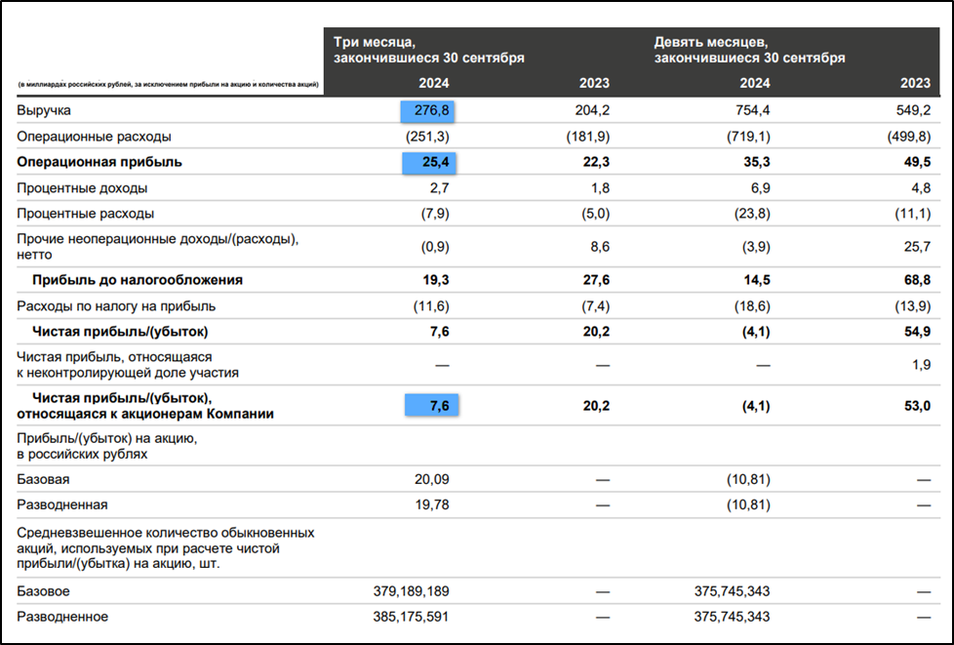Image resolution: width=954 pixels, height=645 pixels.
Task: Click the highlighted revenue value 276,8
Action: tap(428, 111)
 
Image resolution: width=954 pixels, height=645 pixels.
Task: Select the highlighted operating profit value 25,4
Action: tap(428, 162)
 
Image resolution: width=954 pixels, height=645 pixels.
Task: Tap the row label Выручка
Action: tap(44, 111)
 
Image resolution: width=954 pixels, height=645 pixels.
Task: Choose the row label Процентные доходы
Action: tap(82, 187)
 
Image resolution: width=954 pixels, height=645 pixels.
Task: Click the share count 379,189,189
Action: tap(411, 591)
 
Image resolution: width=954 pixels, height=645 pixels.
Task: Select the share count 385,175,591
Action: tap(411, 617)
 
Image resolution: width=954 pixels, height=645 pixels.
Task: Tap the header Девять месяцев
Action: tap(711, 42)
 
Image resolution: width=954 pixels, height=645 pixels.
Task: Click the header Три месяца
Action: tap(375, 42)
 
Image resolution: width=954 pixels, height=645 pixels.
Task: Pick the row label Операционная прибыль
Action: tap(99, 162)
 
